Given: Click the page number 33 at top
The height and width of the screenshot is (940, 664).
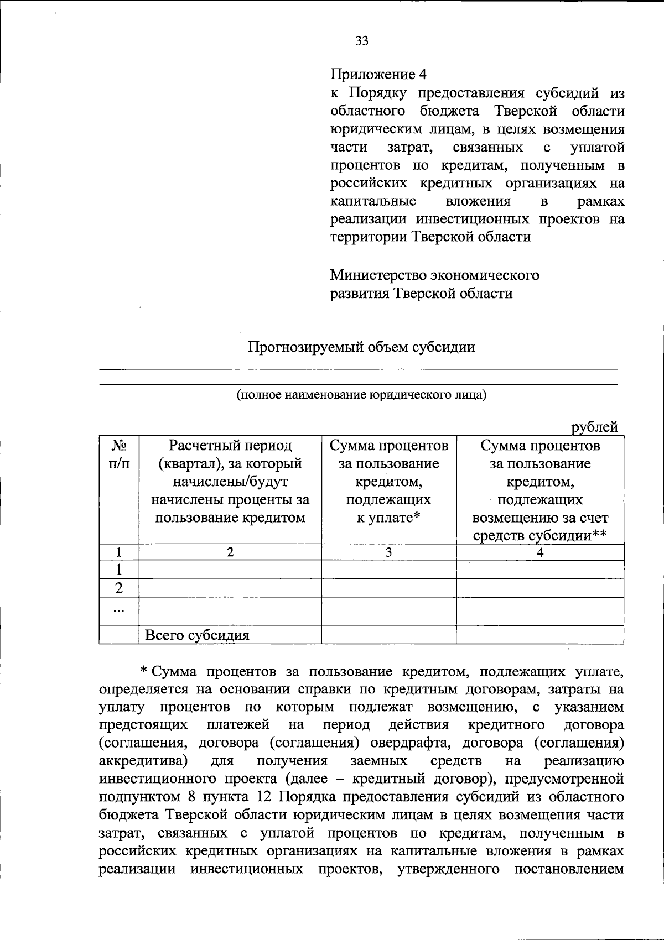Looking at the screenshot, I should (362, 40).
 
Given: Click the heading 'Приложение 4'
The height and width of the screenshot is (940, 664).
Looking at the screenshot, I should (379, 75).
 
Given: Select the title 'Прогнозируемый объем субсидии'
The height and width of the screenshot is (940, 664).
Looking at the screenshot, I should (361, 347).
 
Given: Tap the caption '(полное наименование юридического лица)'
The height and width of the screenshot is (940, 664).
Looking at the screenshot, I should (361, 395).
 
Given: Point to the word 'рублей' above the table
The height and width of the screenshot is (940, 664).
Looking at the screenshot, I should (595, 427).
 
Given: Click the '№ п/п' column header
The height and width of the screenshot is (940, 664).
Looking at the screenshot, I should (119, 454).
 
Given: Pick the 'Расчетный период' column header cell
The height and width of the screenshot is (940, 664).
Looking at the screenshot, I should (230, 481).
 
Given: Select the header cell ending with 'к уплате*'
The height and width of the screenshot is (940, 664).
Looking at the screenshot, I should (389, 481).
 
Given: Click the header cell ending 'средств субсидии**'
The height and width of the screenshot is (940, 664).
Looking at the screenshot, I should (540, 490).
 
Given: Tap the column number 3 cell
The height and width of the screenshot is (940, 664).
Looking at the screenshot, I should (389, 552).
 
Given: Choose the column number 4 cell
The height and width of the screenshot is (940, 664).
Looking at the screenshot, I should (540, 552).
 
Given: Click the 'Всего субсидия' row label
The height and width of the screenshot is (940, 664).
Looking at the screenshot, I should (197, 635).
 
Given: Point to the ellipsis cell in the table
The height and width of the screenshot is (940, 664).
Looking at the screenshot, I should (118, 611).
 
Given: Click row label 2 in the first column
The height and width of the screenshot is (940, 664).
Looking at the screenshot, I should (118, 588).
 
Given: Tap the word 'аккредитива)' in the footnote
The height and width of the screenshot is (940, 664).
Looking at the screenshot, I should (142, 760).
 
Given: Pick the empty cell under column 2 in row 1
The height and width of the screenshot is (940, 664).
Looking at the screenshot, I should (230, 570).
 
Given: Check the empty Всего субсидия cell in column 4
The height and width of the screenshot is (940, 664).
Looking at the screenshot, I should (540, 635).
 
